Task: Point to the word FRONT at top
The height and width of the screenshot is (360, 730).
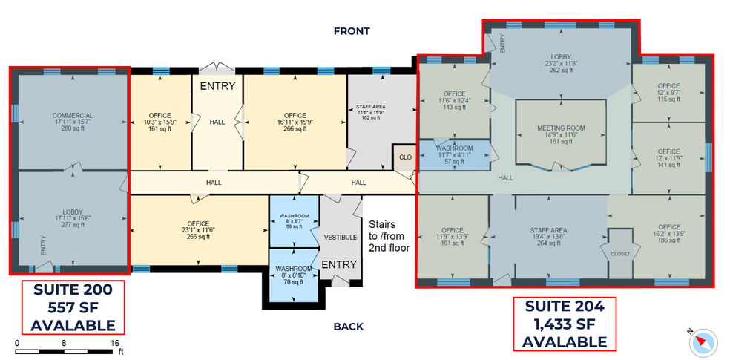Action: [352, 31]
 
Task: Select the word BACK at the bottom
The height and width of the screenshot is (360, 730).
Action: [348, 327]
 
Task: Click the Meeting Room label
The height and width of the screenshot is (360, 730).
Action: [562, 134]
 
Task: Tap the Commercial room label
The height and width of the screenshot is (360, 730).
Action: [73, 122]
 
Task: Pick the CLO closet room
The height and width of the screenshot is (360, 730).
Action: [404, 157]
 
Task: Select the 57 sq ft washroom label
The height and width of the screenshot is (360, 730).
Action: [454, 154]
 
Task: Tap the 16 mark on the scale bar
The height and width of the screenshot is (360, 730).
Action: [115, 344]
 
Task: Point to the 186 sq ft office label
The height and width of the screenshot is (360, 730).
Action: [668, 234]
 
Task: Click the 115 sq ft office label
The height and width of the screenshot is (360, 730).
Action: [668, 93]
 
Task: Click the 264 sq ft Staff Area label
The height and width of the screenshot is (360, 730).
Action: [548, 237]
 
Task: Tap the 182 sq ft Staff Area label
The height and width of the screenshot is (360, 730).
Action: [369, 111]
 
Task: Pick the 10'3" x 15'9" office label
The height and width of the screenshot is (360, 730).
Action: [160, 122]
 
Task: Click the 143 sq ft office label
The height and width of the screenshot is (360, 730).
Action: [455, 100]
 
